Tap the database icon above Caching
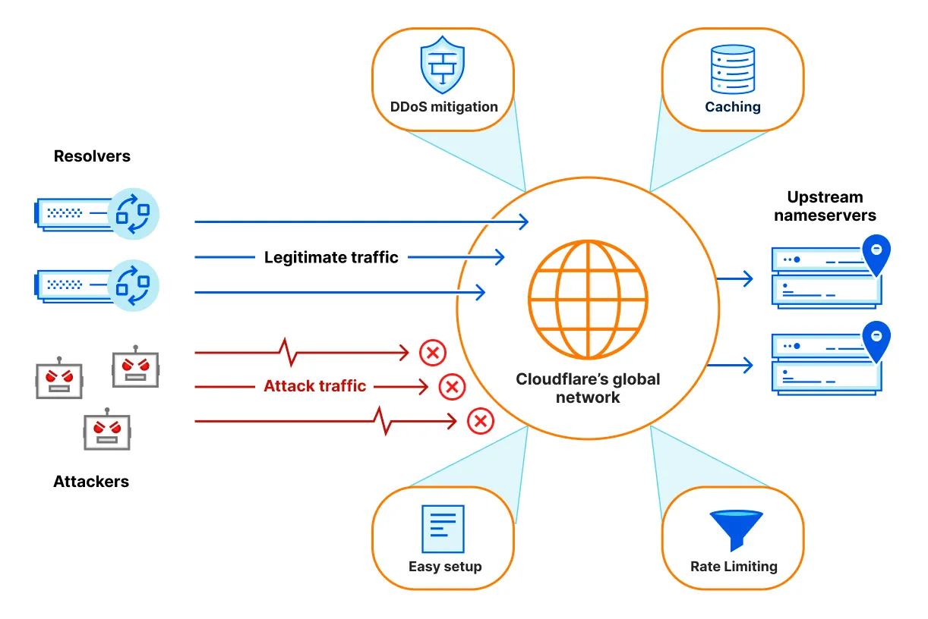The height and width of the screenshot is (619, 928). pyautogui.click(x=732, y=69)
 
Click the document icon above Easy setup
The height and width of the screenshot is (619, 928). pyautogui.click(x=443, y=529)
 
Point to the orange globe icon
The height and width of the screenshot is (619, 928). pyautogui.click(x=589, y=300)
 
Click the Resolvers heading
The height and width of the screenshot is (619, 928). pyautogui.click(x=92, y=156)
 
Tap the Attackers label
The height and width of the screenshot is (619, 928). pyautogui.click(x=91, y=482)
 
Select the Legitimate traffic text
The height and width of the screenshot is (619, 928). pyautogui.click(x=331, y=257)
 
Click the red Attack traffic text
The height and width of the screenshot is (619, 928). pyautogui.click(x=315, y=386)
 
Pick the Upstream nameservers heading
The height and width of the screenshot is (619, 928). pyautogui.click(x=825, y=206)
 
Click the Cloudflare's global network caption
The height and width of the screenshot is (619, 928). pyautogui.click(x=589, y=388)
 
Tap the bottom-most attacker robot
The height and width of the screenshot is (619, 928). pyautogui.click(x=106, y=432)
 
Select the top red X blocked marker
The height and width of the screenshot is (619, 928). pyautogui.click(x=433, y=352)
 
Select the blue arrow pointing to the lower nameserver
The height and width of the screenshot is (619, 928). pyautogui.click(x=734, y=365)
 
